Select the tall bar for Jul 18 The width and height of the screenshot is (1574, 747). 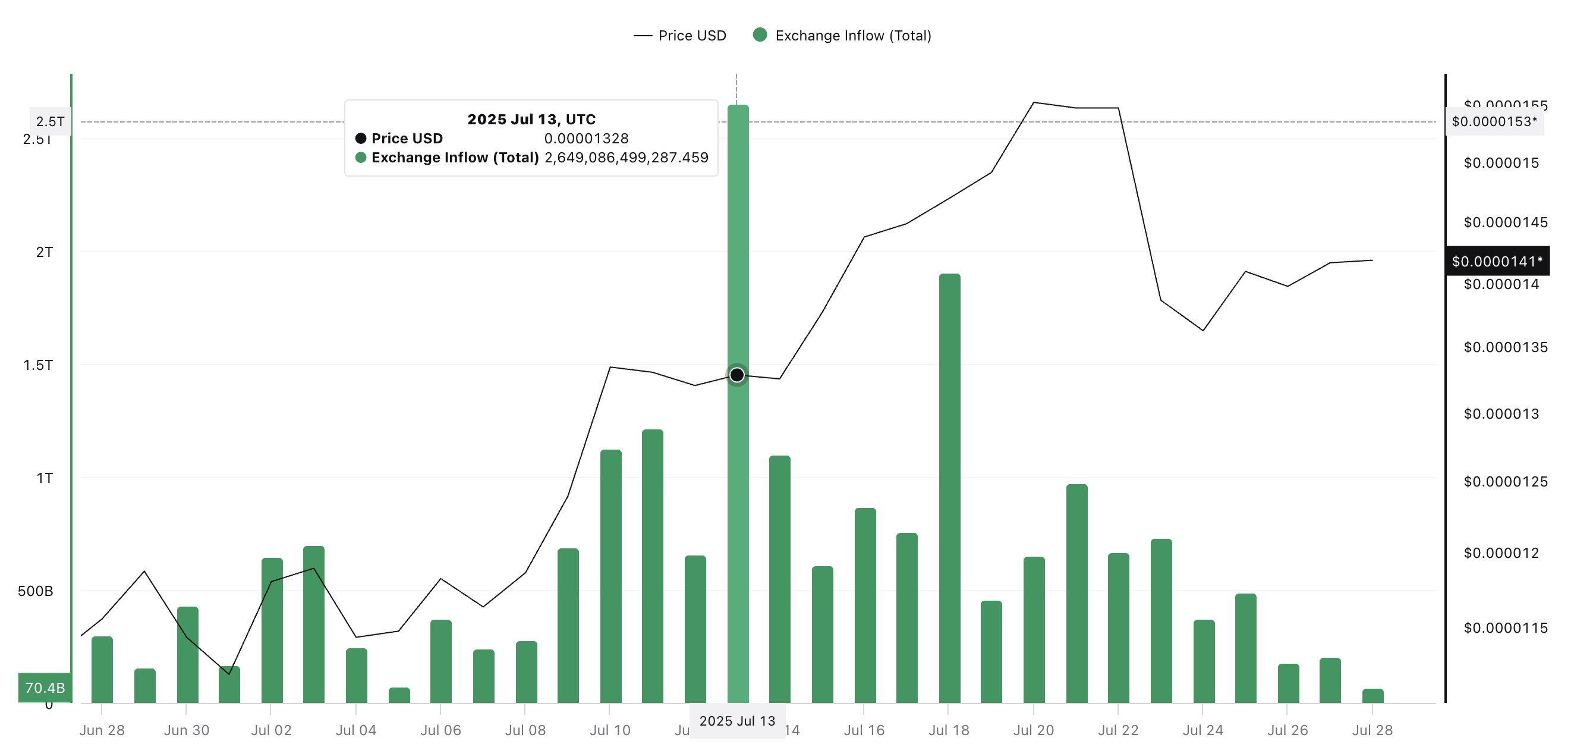tap(949, 489)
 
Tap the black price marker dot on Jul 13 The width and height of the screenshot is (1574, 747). tap(737, 375)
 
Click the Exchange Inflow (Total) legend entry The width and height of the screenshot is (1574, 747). tap(843, 36)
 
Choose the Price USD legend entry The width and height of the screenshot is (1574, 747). tap(680, 36)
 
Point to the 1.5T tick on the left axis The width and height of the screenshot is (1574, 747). tap(38, 365)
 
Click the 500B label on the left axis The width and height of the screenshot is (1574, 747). tap(36, 591)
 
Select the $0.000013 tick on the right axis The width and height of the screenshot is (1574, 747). tap(1501, 414)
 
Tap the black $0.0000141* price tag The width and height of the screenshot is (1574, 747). tap(1496, 262)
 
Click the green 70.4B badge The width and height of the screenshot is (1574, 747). tap(45, 688)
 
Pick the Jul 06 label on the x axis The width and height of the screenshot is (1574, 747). tap(440, 730)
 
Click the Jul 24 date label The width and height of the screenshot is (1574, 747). tap(1202, 730)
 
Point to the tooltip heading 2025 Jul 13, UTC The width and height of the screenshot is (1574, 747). tap(531, 119)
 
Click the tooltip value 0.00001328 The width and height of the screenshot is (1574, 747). tap(586, 139)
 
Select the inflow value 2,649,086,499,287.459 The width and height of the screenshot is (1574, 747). tap(627, 158)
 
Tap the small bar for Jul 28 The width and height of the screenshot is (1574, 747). tap(1372, 696)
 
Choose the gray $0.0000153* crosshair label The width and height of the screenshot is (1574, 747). tap(1494, 122)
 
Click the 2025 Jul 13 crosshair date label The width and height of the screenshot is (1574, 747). tap(737, 721)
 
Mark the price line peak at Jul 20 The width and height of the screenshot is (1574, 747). tap(1034, 103)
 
